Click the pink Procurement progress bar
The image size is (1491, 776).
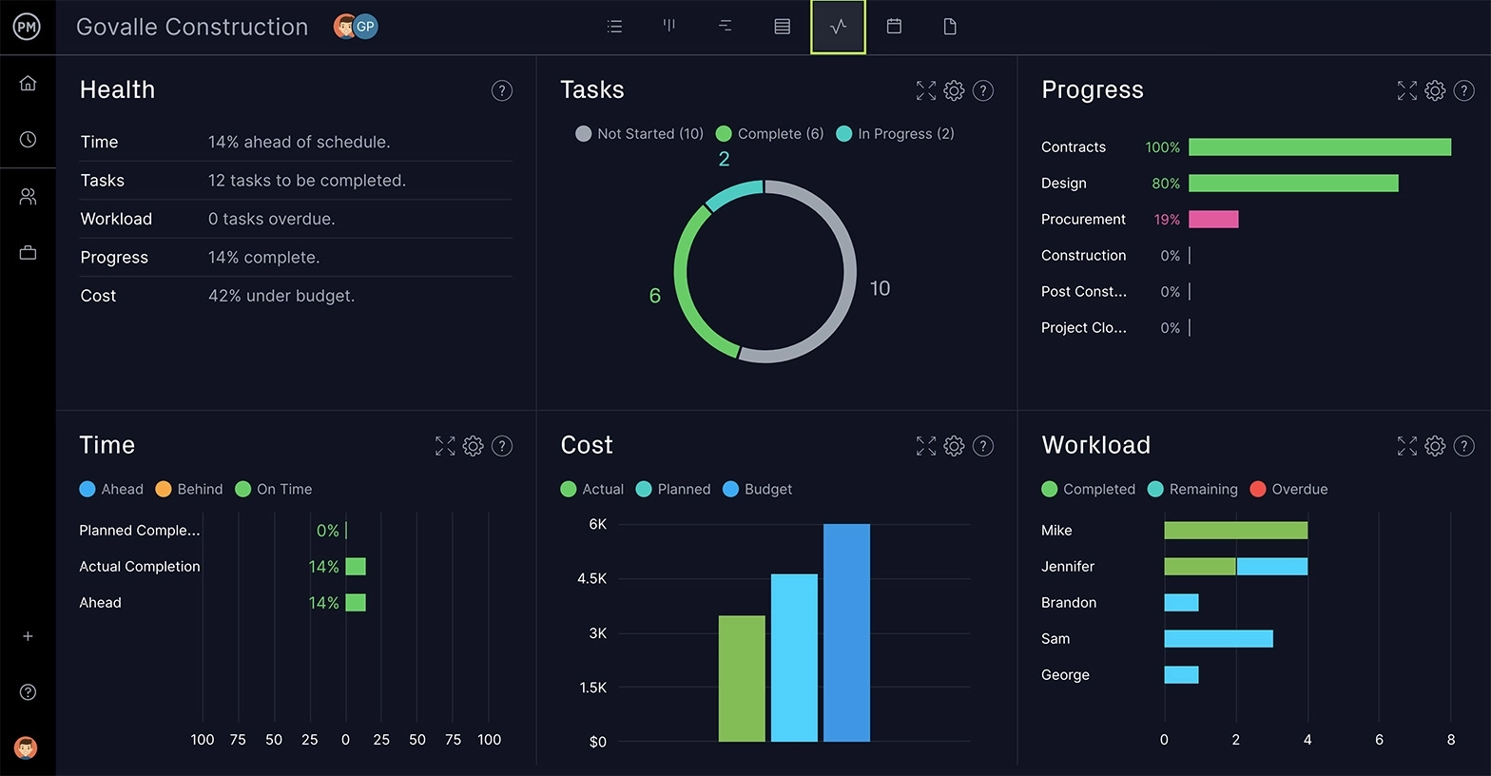click(1213, 220)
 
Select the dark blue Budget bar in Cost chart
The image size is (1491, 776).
click(846, 632)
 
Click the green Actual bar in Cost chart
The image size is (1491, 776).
click(742, 678)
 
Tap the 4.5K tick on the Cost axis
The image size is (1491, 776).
click(591, 578)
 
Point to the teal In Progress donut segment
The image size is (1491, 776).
click(733, 193)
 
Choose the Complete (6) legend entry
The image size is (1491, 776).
click(769, 134)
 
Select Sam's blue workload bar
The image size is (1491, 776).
click(1218, 639)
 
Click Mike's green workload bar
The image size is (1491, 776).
click(1235, 531)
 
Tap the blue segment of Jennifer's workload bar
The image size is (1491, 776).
click(1271, 567)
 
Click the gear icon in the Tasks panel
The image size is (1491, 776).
click(954, 90)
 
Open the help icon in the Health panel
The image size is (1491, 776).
click(501, 90)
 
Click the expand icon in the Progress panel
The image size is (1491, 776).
click(1406, 90)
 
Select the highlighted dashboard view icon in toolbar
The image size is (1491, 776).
click(838, 27)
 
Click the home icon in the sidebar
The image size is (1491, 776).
click(28, 84)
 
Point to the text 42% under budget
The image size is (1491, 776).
click(281, 296)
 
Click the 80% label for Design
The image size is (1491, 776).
click(1165, 184)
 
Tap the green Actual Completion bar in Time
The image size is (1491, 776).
click(356, 567)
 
